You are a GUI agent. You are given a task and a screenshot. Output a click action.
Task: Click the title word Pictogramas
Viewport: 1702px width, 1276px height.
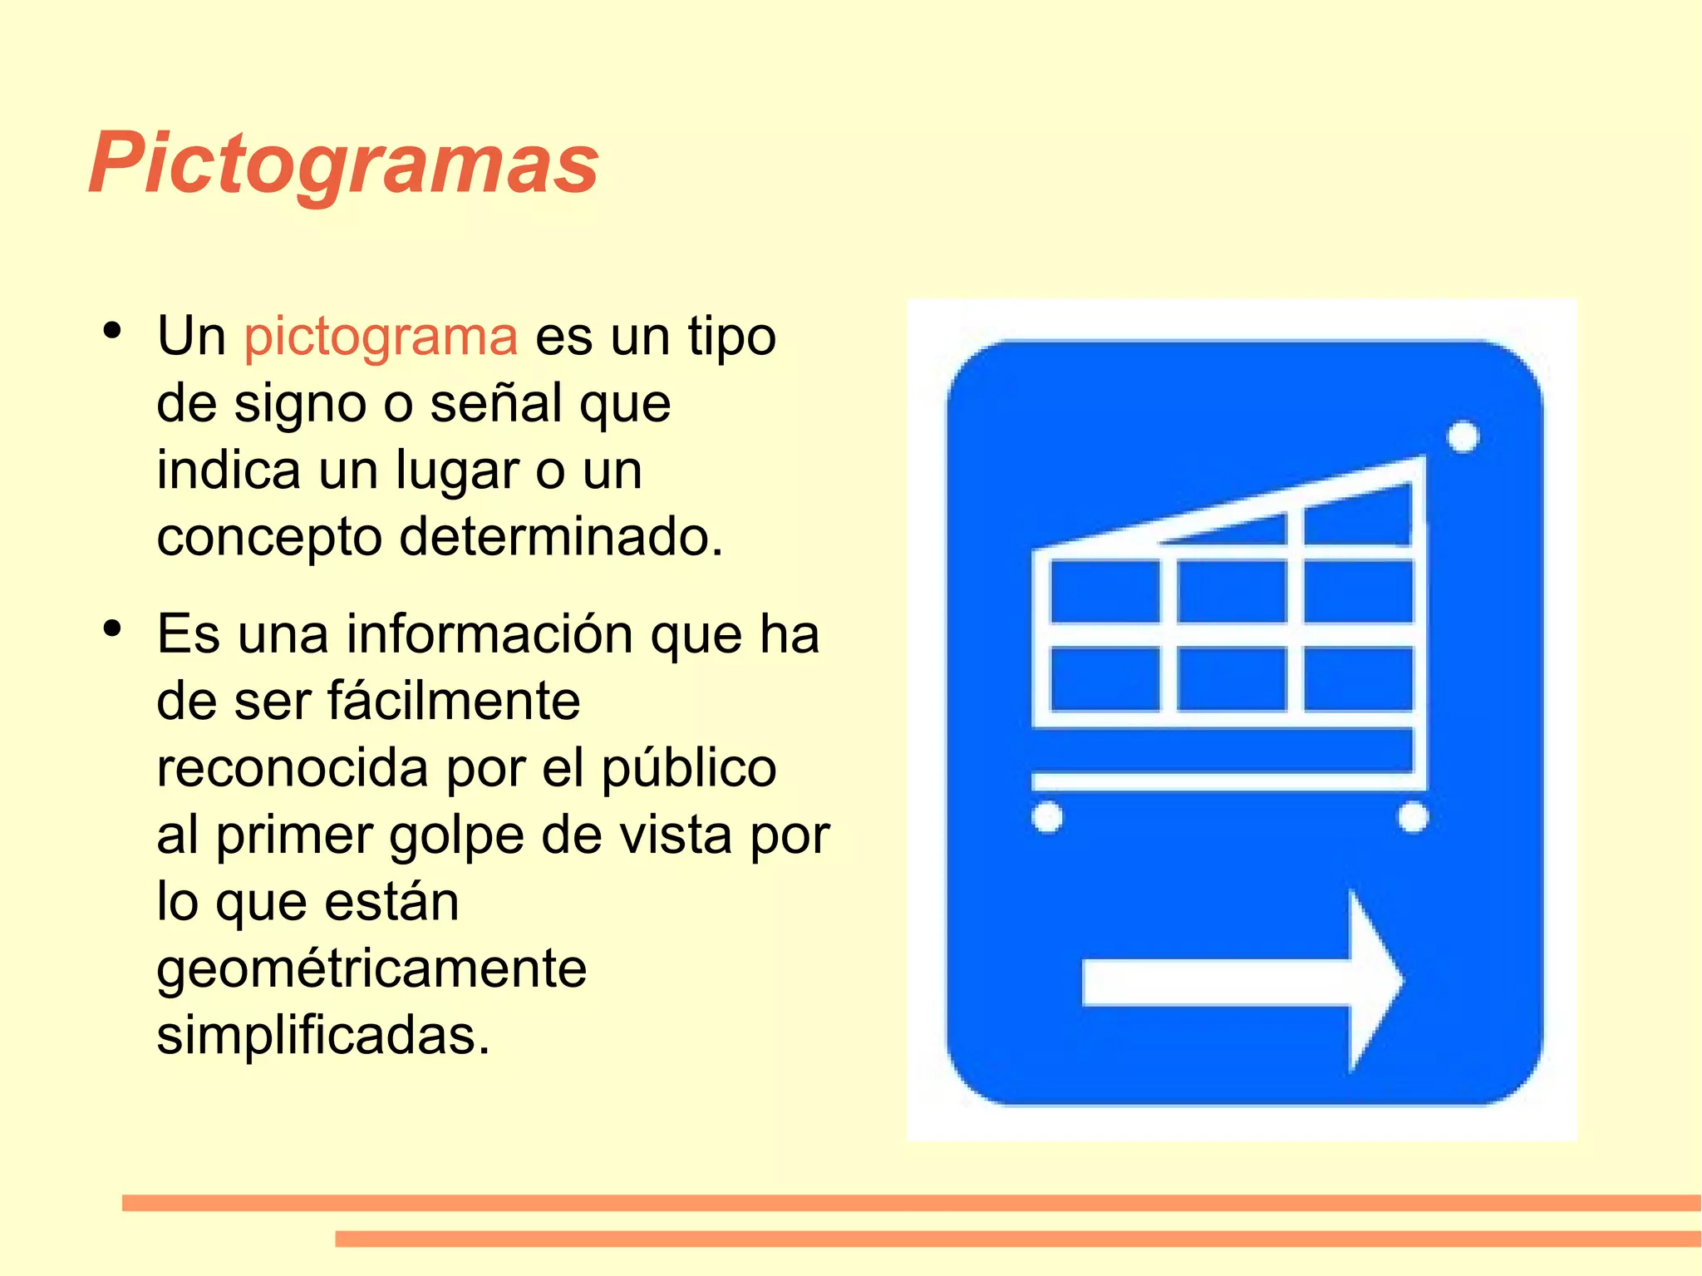pyautogui.click(x=343, y=164)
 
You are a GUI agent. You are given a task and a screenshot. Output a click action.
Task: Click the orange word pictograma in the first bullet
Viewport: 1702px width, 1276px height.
pyautogui.click(x=381, y=337)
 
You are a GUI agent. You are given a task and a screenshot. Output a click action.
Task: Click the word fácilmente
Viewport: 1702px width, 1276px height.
pyautogui.click(x=454, y=701)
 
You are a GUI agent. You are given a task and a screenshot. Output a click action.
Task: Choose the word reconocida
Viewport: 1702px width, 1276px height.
pyautogui.click(x=293, y=768)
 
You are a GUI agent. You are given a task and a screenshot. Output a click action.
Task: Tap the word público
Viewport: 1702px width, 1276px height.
pyautogui.click(x=689, y=768)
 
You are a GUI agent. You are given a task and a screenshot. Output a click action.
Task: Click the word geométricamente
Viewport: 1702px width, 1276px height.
pyautogui.click(x=371, y=969)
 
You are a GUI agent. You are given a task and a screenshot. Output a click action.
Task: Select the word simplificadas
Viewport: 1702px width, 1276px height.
pyautogui.click(x=323, y=1036)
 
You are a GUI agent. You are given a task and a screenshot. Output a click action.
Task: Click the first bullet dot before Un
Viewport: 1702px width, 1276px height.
pyautogui.click(x=112, y=331)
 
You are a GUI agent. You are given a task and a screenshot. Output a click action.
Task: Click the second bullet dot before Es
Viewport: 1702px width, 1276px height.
pyautogui.click(x=112, y=628)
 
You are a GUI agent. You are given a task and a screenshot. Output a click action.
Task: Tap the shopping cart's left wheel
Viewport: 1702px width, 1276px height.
pyautogui.click(x=1047, y=816)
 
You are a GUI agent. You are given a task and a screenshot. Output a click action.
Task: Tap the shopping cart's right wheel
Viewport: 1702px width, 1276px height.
pyautogui.click(x=1413, y=816)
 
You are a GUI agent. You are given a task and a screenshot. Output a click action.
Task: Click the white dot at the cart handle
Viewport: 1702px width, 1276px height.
pyautogui.click(x=1463, y=436)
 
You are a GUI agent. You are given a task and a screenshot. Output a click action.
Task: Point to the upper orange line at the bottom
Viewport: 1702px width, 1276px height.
pyautogui.click(x=911, y=1203)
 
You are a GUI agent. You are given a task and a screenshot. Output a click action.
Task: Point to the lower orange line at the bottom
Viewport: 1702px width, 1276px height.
pyautogui.click(x=1017, y=1239)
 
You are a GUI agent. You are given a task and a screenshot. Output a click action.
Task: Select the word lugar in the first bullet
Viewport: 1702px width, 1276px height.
pyautogui.click(x=456, y=470)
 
